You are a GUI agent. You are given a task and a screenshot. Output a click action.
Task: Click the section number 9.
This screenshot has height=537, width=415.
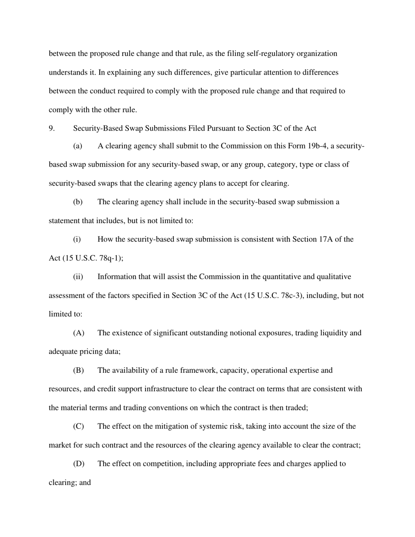click(51, 128)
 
